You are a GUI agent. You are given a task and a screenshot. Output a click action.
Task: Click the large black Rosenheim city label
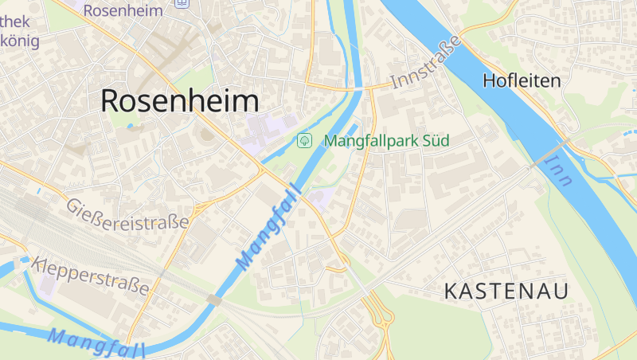click(x=180, y=101)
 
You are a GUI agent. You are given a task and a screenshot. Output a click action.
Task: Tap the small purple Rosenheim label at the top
click(x=123, y=10)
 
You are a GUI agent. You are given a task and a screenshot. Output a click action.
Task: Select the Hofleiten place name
click(x=522, y=80)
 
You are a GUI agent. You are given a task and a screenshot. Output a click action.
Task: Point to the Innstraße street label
click(x=426, y=61)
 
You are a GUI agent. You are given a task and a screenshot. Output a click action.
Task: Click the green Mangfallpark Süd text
click(x=387, y=141)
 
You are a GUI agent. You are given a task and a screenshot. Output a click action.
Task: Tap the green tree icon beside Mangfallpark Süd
click(x=303, y=141)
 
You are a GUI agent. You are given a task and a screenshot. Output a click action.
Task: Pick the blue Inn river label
click(x=562, y=169)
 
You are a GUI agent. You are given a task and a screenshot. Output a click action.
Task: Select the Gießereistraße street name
click(x=128, y=213)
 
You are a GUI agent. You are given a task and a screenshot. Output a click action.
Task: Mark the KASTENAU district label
click(x=506, y=292)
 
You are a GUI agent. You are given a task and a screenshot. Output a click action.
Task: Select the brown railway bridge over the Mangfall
click(x=213, y=299)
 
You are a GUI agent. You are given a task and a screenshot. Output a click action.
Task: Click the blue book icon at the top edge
click(x=184, y=4)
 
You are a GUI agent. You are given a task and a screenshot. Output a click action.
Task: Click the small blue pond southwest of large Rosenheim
click(x=131, y=126)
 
